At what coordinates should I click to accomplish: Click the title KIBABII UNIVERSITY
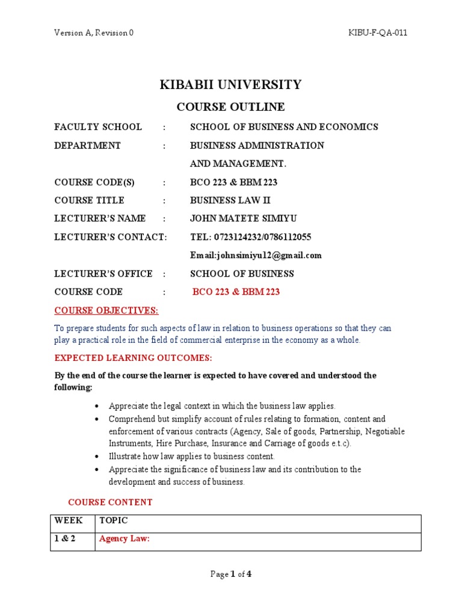[x=230, y=85]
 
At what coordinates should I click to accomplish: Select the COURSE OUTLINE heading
[x=230, y=107]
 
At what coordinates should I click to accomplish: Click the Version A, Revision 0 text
[x=94, y=33]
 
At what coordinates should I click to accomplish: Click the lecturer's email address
[x=256, y=255]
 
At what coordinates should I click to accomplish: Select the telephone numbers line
[x=250, y=237]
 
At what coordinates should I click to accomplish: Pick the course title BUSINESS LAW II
[x=227, y=200]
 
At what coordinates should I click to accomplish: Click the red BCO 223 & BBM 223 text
[x=236, y=292]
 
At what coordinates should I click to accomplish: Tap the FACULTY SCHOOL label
[x=98, y=127]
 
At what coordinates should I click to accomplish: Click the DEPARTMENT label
[x=88, y=146]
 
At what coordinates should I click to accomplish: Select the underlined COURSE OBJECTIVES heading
[x=106, y=310]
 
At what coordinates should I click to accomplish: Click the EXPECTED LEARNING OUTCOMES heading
[x=133, y=358]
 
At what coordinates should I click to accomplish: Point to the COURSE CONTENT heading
[x=110, y=502]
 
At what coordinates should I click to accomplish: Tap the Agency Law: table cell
[x=124, y=539]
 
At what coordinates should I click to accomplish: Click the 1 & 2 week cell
[x=66, y=539]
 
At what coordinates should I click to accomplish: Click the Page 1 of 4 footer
[x=230, y=574]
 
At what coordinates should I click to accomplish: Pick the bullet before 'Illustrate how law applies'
[x=97, y=457]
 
